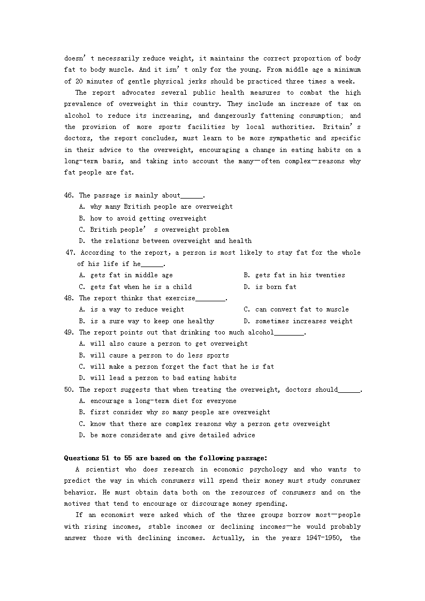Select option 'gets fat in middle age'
point(131,275)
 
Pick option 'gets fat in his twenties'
point(300,275)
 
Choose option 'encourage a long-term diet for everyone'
point(163,401)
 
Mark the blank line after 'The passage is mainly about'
point(192,196)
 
